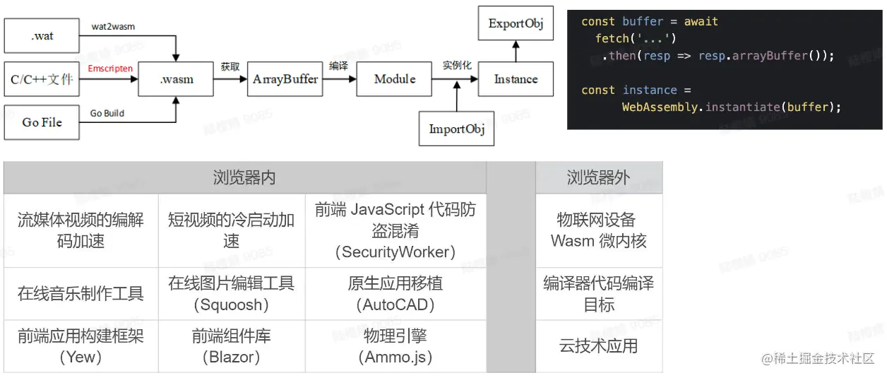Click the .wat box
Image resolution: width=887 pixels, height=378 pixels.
point(42,36)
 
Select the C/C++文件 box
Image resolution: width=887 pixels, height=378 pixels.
point(42,79)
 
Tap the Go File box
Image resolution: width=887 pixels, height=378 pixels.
point(42,122)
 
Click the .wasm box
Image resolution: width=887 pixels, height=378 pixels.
point(176,79)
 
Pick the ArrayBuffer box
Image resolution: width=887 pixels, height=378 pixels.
point(285,79)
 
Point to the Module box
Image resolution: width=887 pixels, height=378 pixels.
point(394,79)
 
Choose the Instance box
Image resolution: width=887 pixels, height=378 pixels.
point(516,79)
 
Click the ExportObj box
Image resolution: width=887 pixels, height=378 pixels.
point(516,24)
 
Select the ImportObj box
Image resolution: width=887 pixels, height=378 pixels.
point(456,129)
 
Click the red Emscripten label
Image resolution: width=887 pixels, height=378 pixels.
point(110,69)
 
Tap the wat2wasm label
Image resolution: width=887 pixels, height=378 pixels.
point(113,26)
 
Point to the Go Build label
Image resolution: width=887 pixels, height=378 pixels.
point(107,113)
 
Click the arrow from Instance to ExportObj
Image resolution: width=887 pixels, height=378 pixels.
point(516,51)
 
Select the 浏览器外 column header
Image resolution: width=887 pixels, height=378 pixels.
point(598,177)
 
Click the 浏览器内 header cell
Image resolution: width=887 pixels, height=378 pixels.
point(244,177)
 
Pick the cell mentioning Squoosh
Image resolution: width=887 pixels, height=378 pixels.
point(231,294)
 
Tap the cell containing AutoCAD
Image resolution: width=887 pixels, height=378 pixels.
point(395,294)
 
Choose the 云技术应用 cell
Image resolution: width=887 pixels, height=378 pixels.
point(598,345)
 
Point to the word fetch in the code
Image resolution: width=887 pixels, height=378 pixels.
point(612,38)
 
